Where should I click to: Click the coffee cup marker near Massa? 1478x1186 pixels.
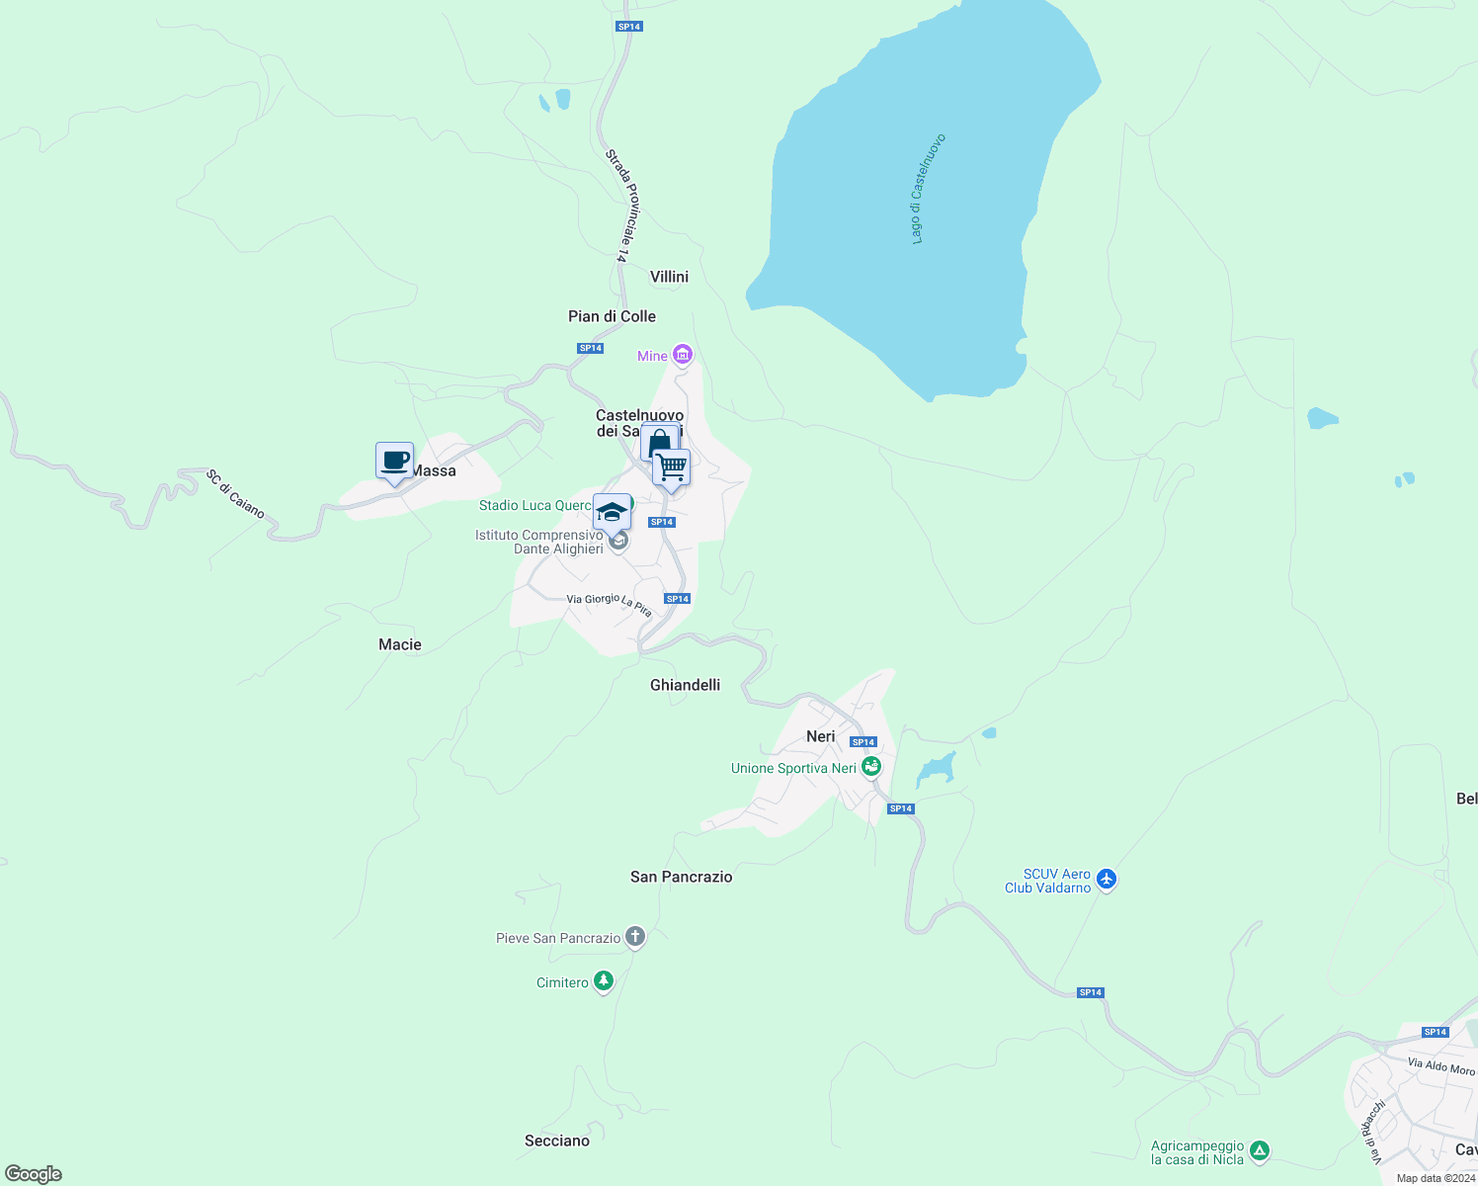point(394,461)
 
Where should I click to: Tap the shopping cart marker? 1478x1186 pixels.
point(671,466)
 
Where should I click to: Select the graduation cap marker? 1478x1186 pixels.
point(612,513)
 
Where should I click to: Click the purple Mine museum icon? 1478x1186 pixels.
point(682,355)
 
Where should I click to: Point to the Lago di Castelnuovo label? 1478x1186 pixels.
point(928,189)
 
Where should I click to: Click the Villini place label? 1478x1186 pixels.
point(669,277)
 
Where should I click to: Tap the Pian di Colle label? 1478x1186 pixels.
point(612,316)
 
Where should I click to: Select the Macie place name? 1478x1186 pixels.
point(400,644)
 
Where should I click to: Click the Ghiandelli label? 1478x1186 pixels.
point(685,685)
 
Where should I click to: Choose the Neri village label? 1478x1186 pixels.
point(821,736)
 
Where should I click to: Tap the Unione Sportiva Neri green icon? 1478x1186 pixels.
point(870,767)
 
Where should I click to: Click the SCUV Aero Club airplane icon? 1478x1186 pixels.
point(1106,879)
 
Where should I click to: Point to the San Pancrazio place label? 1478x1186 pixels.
point(682,877)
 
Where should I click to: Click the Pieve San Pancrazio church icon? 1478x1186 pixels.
point(635,937)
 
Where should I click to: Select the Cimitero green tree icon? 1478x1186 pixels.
point(604,981)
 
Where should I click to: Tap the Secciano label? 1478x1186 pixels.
point(557,1141)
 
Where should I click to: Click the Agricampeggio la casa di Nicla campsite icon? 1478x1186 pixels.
point(1259,1151)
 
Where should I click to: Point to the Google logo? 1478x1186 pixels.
point(34,1174)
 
